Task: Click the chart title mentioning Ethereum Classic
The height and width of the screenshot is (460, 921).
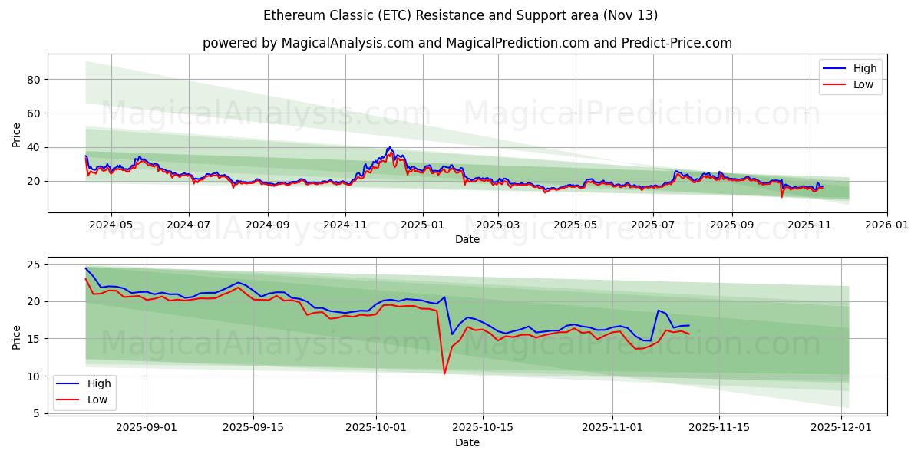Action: coord(460,15)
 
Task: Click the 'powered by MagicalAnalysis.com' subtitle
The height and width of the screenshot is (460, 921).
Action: coord(467,43)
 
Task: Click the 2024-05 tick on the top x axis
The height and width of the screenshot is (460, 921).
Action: coord(111,225)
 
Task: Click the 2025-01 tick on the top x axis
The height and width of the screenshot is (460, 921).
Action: coord(423,225)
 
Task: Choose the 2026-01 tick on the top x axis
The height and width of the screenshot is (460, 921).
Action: coord(886,225)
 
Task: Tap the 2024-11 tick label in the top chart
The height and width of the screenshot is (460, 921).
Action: coord(345,225)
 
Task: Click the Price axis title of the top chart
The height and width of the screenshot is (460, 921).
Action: coord(17,133)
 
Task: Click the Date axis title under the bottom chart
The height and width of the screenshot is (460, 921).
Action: coord(467,442)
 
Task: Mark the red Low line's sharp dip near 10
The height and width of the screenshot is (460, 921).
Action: coord(444,373)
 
